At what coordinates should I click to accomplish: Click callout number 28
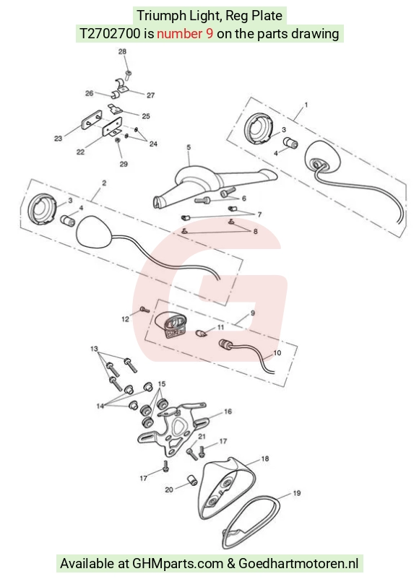(x=122, y=52)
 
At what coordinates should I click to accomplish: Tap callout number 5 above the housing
(x=189, y=147)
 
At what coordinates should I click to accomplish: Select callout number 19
(x=297, y=493)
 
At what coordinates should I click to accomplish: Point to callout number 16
(x=228, y=412)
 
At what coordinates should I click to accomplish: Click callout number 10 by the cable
(x=277, y=353)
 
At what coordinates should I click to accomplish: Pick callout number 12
(x=126, y=319)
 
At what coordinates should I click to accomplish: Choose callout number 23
(x=59, y=139)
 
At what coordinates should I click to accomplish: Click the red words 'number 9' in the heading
(x=185, y=34)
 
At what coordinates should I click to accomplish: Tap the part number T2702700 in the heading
(x=110, y=34)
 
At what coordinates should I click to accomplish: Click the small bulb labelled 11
(x=200, y=333)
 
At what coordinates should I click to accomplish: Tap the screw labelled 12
(x=144, y=310)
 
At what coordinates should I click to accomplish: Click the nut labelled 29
(x=118, y=141)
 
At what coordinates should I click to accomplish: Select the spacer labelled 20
(x=192, y=480)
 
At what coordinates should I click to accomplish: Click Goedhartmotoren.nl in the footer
(x=298, y=564)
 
